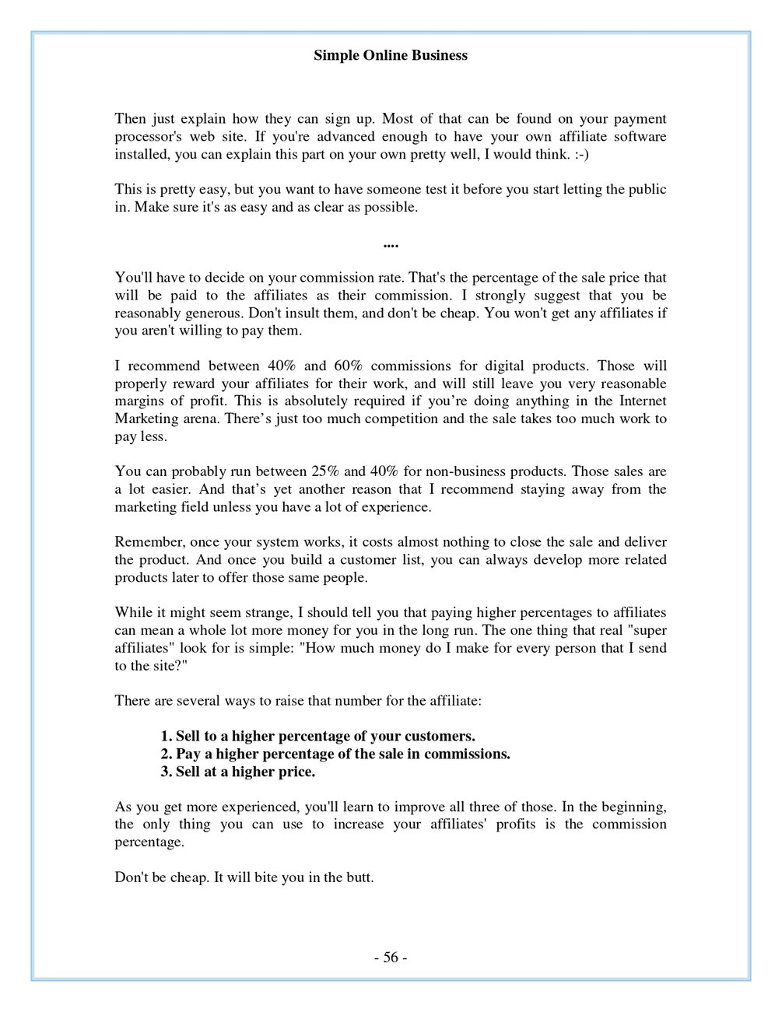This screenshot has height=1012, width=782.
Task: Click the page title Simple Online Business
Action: pyautogui.click(x=390, y=56)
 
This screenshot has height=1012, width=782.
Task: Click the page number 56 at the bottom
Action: pyautogui.click(x=391, y=958)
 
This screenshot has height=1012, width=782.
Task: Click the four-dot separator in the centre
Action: pyautogui.click(x=391, y=244)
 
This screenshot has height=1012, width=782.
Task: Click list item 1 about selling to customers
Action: pyautogui.click(x=317, y=737)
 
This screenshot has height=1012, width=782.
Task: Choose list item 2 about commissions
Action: pyautogui.click(x=335, y=755)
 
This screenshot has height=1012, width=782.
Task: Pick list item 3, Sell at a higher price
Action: pyautogui.click(x=237, y=772)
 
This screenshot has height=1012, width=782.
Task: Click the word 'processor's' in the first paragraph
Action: pyautogui.click(x=148, y=137)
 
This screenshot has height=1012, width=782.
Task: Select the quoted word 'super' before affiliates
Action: pyautogui.click(x=647, y=630)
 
